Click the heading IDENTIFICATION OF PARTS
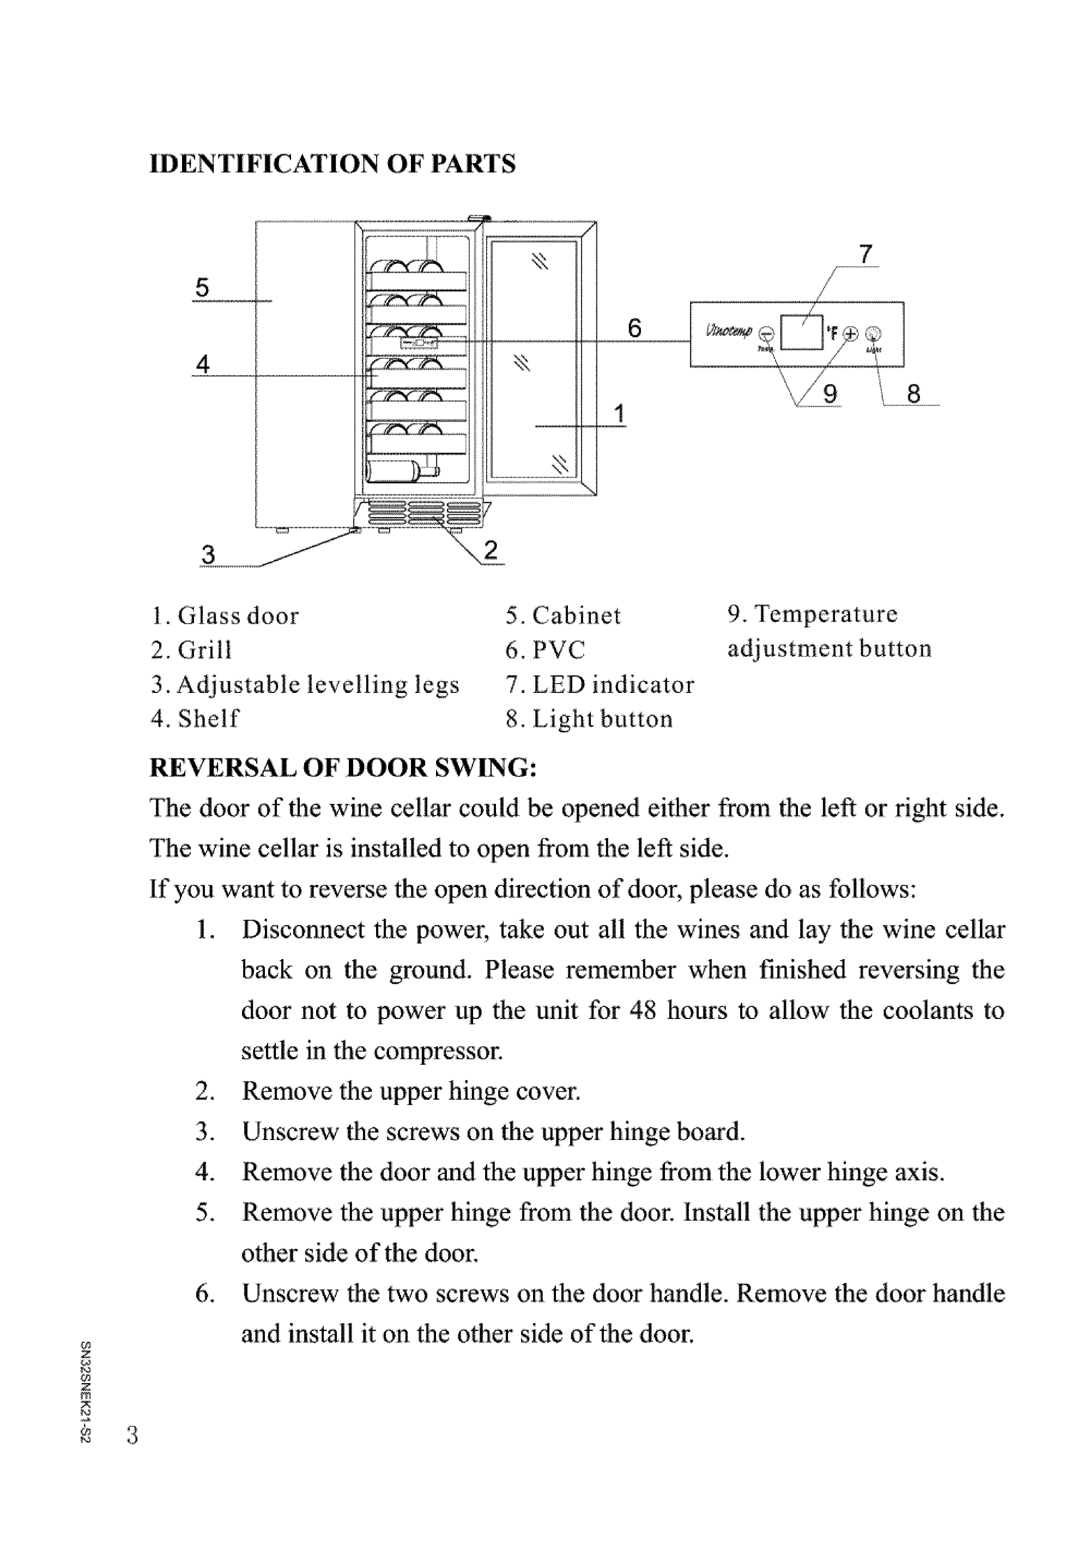click(332, 164)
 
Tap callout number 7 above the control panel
click(866, 254)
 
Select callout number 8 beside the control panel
click(913, 394)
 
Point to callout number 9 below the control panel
click(831, 394)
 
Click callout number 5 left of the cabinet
click(202, 288)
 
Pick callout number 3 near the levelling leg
click(208, 555)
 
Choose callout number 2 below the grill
click(491, 551)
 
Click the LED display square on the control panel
click(802, 332)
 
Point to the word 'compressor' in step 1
click(438, 1051)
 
